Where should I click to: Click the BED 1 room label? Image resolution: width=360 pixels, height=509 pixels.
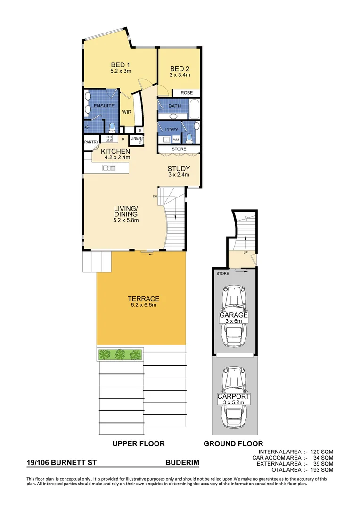[x=120, y=65]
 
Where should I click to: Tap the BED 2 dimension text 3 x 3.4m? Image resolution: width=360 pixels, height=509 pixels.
[x=180, y=74]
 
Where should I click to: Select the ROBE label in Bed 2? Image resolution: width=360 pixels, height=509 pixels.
[x=187, y=93]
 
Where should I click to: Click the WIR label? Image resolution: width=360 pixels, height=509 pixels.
[x=126, y=112]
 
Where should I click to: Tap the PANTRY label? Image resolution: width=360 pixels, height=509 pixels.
[x=91, y=142]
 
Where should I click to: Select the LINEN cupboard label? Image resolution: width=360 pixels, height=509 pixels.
[x=136, y=138]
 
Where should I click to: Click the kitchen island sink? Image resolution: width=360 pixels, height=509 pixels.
[x=109, y=168]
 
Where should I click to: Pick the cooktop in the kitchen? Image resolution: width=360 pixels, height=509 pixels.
[x=109, y=139]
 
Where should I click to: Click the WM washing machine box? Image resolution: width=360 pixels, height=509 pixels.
[x=175, y=140]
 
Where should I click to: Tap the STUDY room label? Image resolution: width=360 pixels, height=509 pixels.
[x=179, y=169]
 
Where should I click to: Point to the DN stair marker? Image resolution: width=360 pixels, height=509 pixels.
[x=155, y=196]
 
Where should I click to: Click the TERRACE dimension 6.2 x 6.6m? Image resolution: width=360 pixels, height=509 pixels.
[x=143, y=305]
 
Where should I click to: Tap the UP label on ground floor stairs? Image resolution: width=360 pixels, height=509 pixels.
[x=246, y=253]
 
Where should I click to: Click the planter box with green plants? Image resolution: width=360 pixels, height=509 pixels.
[x=120, y=354]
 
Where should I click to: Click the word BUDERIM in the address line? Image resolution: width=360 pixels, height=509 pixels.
[x=182, y=464]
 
